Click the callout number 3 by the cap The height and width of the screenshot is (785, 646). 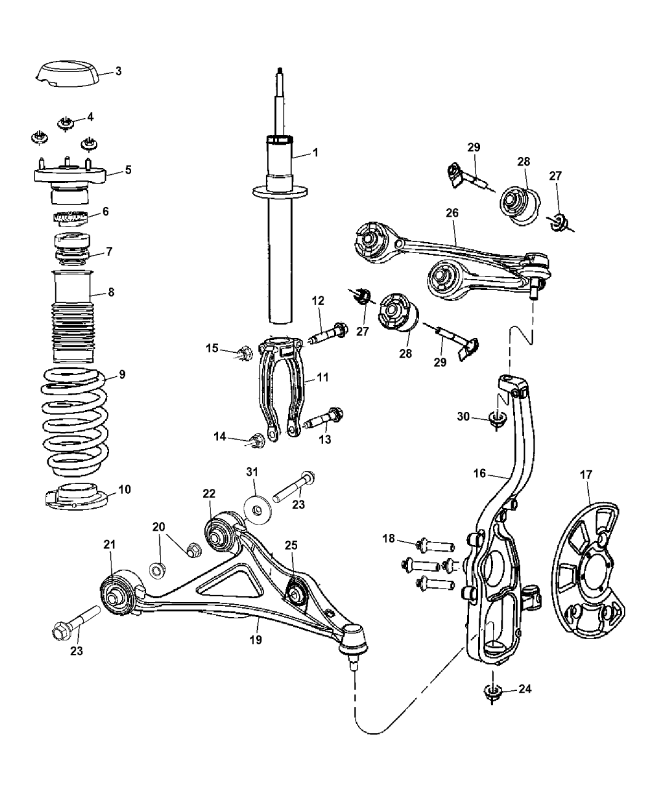click(118, 71)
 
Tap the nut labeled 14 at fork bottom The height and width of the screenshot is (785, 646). click(257, 440)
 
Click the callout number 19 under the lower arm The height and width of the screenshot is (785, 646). click(255, 640)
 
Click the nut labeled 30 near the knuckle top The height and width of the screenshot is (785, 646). click(495, 420)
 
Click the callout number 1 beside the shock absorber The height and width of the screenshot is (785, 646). click(315, 152)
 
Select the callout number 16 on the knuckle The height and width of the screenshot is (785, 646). click(479, 473)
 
